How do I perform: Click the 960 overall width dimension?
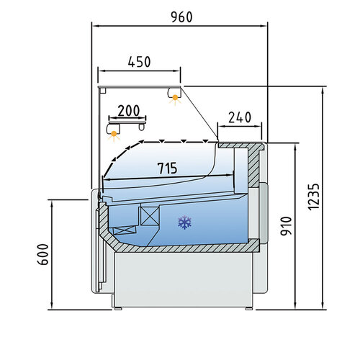click(181, 17)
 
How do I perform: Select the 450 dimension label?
click(139, 62)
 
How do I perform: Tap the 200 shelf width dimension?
click(128, 111)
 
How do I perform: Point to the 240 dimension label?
click(240, 117)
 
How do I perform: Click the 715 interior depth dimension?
click(167, 168)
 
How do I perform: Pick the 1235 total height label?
click(314, 197)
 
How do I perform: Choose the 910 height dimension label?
click(286, 226)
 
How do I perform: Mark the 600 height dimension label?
click(42, 254)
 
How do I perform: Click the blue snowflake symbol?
click(184, 222)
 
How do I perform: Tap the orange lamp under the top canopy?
click(175, 98)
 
